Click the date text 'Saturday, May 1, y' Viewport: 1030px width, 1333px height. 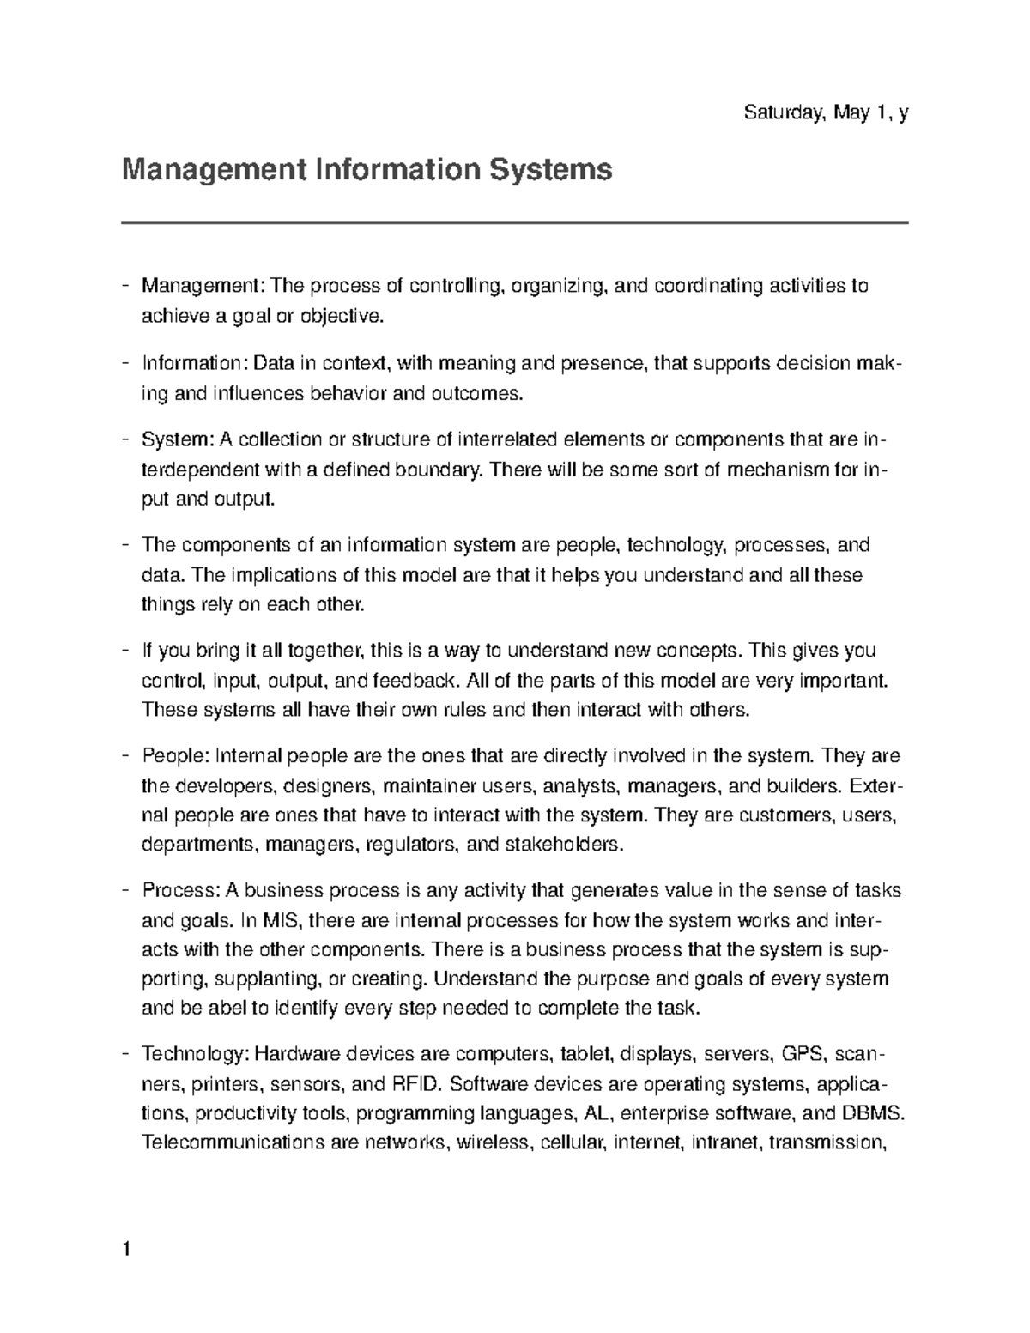click(x=826, y=112)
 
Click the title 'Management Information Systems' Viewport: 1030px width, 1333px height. click(x=367, y=169)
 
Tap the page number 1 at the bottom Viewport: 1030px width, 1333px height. click(x=127, y=1249)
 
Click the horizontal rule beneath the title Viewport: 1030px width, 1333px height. click(x=515, y=223)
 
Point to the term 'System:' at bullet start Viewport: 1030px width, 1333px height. click(x=178, y=441)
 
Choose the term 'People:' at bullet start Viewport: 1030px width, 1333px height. click(x=175, y=756)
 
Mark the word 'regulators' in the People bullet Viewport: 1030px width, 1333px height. click(x=408, y=845)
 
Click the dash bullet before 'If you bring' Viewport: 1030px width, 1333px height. click(x=126, y=651)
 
